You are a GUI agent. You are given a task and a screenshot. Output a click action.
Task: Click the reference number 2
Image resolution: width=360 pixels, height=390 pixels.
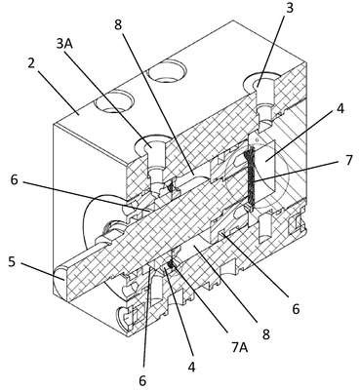pos(31,62)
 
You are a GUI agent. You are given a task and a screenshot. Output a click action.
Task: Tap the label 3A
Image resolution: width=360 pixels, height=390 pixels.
pos(64,43)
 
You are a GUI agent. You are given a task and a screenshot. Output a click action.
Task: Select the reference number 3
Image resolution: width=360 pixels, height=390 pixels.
pos(289,8)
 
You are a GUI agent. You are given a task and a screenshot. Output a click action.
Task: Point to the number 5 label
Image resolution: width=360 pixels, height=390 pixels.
pos(12,261)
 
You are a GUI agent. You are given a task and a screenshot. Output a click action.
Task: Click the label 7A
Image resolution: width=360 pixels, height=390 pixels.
pos(240,347)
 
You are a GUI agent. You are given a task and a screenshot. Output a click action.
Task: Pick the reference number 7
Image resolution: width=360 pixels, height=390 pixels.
pos(348,160)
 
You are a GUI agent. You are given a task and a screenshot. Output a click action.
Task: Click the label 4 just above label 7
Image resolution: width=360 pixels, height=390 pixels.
pos(340,109)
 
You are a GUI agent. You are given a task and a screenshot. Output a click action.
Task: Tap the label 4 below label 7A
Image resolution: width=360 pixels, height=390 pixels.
pos(192,367)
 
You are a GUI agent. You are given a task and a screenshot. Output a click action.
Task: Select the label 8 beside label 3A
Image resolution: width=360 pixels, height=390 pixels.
pos(118,25)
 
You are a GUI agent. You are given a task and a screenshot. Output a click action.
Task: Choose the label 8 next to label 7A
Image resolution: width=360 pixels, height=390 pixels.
pos(266,334)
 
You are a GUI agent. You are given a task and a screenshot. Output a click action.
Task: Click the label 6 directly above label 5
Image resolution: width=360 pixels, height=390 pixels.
pos(15,179)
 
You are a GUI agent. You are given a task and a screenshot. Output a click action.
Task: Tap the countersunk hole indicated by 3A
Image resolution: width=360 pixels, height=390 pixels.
pos(152,144)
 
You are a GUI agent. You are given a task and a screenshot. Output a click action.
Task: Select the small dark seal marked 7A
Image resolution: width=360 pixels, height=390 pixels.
pos(170,265)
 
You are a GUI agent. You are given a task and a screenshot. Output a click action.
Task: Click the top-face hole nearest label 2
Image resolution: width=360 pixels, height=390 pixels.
pos(113,101)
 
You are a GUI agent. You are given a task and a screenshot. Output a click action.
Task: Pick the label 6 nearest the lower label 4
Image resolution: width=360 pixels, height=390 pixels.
pos(142,381)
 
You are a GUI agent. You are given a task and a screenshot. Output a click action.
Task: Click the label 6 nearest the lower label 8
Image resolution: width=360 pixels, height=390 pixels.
pos(296,309)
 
